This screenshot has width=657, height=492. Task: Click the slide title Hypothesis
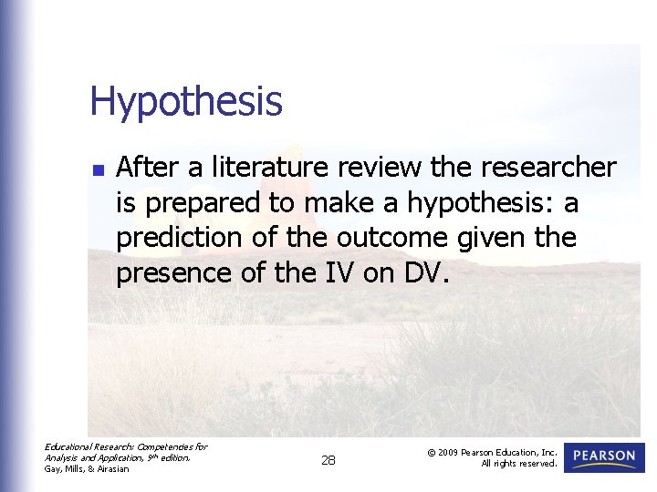coord(186,102)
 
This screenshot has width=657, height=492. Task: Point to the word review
coord(383,168)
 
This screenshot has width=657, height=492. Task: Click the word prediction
coord(174,238)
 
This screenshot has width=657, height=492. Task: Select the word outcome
coord(392,238)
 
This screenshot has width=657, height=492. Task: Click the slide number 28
coord(328,461)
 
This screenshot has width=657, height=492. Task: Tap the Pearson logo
coord(604,457)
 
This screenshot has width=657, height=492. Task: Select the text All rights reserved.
coord(519,464)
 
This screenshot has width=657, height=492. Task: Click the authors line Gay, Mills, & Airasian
coord(88,469)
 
